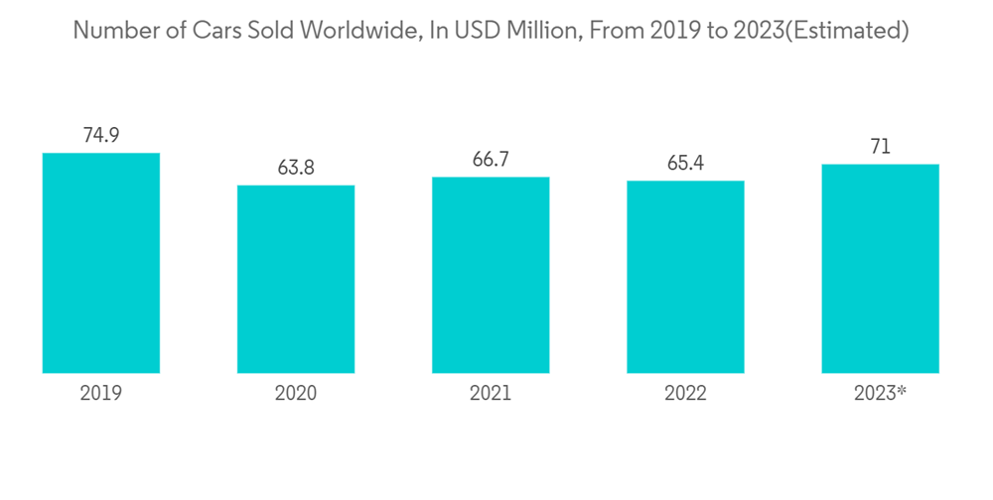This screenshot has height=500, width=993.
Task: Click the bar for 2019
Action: click(100, 263)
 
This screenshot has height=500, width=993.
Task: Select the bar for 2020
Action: click(296, 279)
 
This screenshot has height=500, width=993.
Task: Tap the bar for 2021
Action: click(491, 275)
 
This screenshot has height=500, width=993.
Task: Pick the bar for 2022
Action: click(685, 277)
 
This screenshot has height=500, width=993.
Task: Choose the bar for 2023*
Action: click(880, 268)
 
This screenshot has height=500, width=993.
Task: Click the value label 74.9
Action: click(100, 136)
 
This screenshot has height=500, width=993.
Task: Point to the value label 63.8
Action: click(296, 168)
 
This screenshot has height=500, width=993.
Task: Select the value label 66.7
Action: click(491, 160)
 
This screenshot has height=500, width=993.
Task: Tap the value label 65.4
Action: click(685, 164)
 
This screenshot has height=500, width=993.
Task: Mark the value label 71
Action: click(880, 148)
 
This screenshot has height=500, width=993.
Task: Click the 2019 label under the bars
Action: click(100, 394)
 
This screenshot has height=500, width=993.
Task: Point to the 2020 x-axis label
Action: click(296, 394)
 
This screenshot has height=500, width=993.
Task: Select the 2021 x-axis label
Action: click(491, 394)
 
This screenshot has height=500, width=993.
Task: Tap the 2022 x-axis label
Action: click(685, 394)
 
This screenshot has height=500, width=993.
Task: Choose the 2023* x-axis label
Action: click(880, 394)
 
